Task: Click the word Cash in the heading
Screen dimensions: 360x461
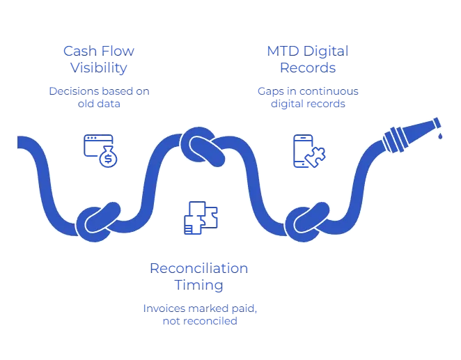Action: [x=75, y=51]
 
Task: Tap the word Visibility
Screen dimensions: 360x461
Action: [x=98, y=68]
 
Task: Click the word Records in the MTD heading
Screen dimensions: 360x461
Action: [x=308, y=68]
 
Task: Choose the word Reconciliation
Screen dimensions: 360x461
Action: [x=199, y=267]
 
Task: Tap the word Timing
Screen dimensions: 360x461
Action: [x=199, y=285]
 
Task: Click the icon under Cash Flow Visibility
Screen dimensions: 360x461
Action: [x=99, y=149]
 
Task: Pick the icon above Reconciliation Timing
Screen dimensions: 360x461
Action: [x=202, y=216]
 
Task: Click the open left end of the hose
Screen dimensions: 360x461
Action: [x=21, y=142]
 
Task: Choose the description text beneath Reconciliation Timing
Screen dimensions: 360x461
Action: [x=199, y=315]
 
